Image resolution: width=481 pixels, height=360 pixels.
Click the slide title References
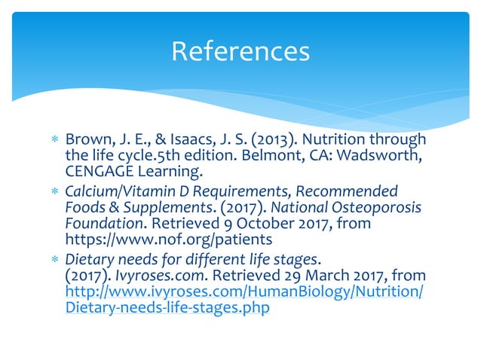(240, 51)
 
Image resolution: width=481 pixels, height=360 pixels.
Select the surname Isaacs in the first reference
(206, 141)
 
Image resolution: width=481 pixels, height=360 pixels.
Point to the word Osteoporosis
(375, 206)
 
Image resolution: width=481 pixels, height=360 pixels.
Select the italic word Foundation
(102, 223)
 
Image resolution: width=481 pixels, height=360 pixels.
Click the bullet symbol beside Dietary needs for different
(53, 260)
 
